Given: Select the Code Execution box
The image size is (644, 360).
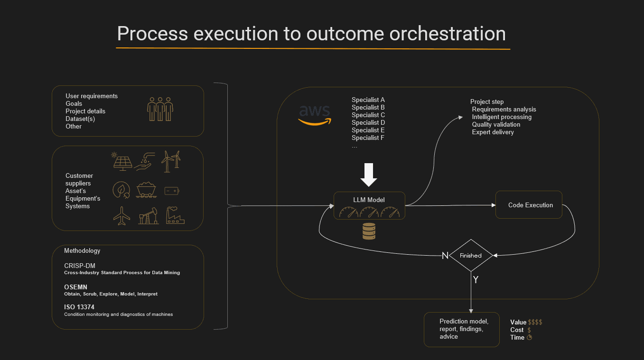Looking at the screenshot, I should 529,205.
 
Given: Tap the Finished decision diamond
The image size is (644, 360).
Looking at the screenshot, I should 471,255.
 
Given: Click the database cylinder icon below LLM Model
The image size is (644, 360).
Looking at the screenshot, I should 369,231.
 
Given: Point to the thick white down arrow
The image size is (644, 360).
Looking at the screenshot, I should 368,175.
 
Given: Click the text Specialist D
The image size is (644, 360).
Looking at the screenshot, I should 368,122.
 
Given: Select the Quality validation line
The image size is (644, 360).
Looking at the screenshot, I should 496,124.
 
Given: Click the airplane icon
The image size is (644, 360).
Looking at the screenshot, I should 122,216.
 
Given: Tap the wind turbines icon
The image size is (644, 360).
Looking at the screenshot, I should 171,161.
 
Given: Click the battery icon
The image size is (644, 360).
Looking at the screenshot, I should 171,191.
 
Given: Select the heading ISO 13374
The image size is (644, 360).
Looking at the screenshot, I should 79,307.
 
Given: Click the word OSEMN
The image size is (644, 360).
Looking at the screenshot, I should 76,287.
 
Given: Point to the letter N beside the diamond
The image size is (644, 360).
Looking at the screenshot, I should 445,256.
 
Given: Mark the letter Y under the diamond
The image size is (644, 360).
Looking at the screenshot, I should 476,280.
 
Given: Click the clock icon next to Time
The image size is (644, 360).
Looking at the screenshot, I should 530,337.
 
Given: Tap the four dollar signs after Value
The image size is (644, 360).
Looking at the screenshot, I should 535,322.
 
